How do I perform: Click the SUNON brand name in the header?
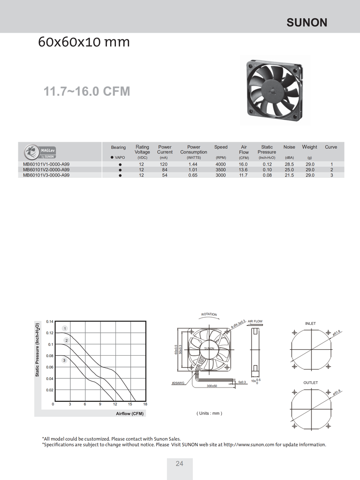tap(307, 23)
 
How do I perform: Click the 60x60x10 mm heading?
tap(84, 42)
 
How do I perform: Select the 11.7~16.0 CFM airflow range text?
tap(87, 91)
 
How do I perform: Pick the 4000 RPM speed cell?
tap(221, 164)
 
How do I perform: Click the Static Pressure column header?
tap(267, 149)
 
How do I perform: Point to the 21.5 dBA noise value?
tap(289, 175)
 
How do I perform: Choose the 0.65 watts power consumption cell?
tap(193, 175)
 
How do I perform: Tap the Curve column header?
tap(331, 147)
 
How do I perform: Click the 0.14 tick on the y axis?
tap(49, 321)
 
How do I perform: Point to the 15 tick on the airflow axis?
tap(130, 404)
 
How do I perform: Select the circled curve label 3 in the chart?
tap(64, 360)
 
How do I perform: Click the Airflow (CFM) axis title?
tap(130, 414)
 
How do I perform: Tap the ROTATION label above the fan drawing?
tap(209, 314)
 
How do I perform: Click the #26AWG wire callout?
tap(178, 382)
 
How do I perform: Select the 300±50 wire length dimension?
tap(212, 385)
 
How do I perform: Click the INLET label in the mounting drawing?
tap(310, 323)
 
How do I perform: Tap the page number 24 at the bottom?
tap(180, 464)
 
